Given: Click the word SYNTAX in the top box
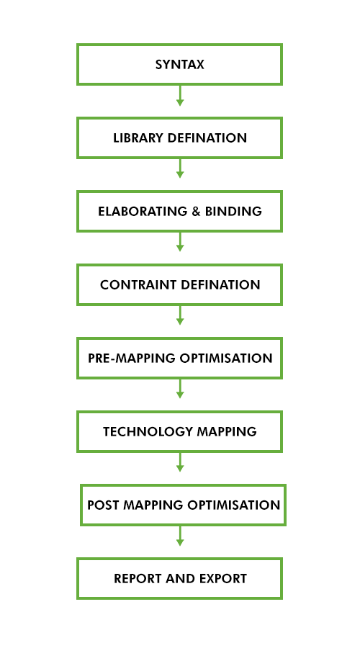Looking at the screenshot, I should [x=180, y=65].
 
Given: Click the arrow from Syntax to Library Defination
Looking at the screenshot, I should [x=180, y=96].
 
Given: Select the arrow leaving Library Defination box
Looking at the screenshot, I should [x=180, y=169].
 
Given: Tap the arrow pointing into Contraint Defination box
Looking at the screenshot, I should [x=180, y=243].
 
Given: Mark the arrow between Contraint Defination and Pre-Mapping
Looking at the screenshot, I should [x=180, y=316].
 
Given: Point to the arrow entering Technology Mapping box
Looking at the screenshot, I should [x=180, y=390].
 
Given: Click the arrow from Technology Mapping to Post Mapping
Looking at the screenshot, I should [x=180, y=463].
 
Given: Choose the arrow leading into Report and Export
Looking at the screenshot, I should [x=180, y=536].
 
